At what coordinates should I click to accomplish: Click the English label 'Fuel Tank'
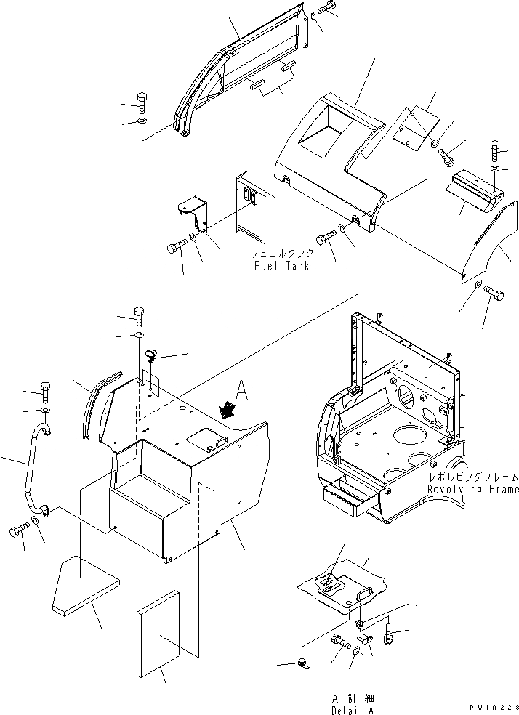click(281, 266)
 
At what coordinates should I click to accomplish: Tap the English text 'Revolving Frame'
click(472, 490)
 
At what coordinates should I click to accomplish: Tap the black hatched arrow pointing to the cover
click(228, 411)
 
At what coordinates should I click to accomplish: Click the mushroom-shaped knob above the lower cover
click(151, 356)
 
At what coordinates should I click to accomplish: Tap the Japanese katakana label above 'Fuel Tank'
click(282, 254)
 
